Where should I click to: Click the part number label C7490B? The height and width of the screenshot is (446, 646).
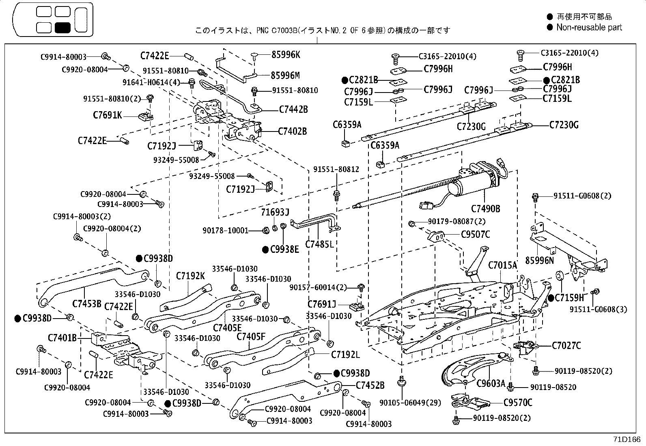(x=485, y=209)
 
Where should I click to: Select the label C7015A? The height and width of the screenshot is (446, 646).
(x=502, y=265)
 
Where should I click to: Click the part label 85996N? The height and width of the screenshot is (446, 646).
(x=539, y=260)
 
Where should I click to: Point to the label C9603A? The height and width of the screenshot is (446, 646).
(x=491, y=383)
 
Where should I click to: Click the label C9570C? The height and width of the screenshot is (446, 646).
(x=518, y=403)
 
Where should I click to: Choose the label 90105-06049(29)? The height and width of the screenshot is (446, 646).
(x=404, y=403)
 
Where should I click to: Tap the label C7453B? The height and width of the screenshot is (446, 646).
(x=87, y=303)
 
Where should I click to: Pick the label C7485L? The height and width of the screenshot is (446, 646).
(x=319, y=244)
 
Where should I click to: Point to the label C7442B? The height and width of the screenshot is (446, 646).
(x=293, y=109)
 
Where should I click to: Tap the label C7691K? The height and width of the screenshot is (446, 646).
(x=107, y=116)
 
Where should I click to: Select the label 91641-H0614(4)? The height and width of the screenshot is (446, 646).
(x=151, y=82)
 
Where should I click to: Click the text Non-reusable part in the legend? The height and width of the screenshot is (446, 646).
(x=589, y=28)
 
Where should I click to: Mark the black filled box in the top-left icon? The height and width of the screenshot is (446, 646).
(x=63, y=28)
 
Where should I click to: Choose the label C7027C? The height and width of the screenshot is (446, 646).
(x=566, y=346)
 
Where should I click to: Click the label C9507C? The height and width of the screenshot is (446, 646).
(x=475, y=235)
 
